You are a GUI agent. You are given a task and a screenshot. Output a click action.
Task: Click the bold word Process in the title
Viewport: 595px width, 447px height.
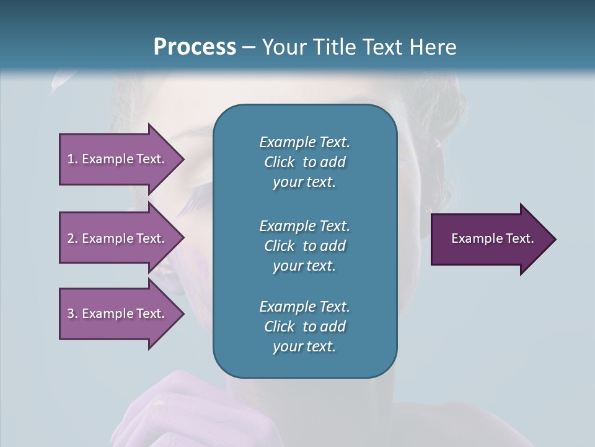tap(195, 47)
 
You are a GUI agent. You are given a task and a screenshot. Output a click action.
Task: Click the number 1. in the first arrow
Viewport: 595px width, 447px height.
tap(73, 159)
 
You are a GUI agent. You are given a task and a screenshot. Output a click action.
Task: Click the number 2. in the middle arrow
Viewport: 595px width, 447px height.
tap(73, 238)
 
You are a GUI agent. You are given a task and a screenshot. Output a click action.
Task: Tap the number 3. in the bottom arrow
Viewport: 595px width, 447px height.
tap(73, 314)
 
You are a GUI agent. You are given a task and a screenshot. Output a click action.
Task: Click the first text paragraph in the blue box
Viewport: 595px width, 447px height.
tap(304, 162)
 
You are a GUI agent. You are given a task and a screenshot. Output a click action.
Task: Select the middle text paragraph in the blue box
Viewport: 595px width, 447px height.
tap(304, 245)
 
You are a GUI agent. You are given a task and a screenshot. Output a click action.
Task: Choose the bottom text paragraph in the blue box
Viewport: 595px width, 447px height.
tap(304, 327)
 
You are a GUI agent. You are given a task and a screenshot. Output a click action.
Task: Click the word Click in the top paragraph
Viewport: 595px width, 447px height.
tap(279, 162)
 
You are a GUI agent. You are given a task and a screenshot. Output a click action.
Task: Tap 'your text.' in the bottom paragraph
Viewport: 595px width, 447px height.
tap(304, 347)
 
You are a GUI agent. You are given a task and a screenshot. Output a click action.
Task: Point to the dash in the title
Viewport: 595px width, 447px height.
tap(249, 47)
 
